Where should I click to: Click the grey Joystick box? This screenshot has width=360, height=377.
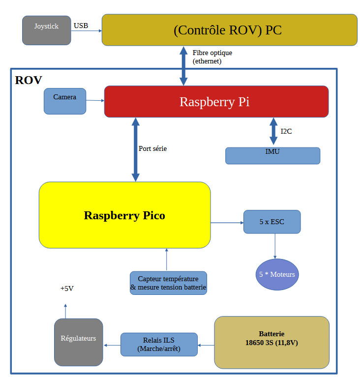coord(47,30)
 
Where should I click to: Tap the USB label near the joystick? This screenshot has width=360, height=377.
coord(81,26)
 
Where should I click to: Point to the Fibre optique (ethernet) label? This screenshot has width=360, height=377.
coord(212,57)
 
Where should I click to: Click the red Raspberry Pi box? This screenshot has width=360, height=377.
coord(216,102)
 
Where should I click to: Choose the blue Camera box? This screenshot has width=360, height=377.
coord(65,101)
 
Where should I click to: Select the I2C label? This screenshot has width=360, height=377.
coord(287,132)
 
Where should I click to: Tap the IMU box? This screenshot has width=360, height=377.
coord(272,155)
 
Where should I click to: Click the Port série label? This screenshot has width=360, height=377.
coord(152,148)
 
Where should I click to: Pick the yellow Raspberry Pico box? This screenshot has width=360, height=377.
coord(124,215)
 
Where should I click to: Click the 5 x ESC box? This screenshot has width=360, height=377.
coord(271,222)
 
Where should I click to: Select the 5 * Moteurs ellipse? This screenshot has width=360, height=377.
coord(277,274)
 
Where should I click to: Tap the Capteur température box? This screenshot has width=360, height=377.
coord(168,283)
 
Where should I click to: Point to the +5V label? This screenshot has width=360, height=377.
coord(67,289)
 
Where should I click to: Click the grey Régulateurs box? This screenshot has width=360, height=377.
coord(78,342)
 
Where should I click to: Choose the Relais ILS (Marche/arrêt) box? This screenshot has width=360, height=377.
coord(159,345)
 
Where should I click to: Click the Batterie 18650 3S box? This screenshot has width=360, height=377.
coord(271,342)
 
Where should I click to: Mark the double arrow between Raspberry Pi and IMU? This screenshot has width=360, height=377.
coord(273,131)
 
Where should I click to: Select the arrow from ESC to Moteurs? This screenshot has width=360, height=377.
coord(274,245)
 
